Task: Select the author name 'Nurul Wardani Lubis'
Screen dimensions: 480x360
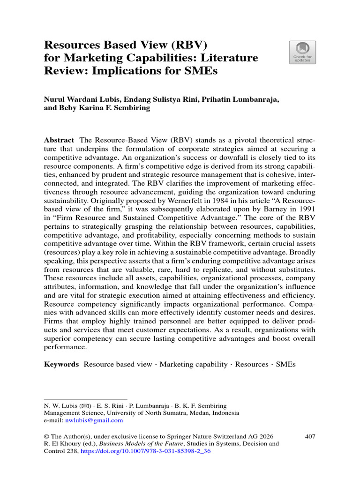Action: pyautogui.click(x=79, y=99)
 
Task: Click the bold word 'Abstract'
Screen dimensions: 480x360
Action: pyautogui.click(x=59, y=140)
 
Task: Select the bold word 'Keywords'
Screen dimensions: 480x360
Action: pyautogui.click(x=61, y=364)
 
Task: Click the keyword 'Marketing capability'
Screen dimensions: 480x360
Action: pyautogui.click(x=193, y=364)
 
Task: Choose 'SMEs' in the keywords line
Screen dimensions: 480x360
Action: pyautogui.click(x=286, y=364)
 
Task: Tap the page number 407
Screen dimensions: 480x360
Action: pyautogui.click(x=309, y=436)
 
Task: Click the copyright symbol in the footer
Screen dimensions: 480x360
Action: pyautogui.click(x=46, y=436)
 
